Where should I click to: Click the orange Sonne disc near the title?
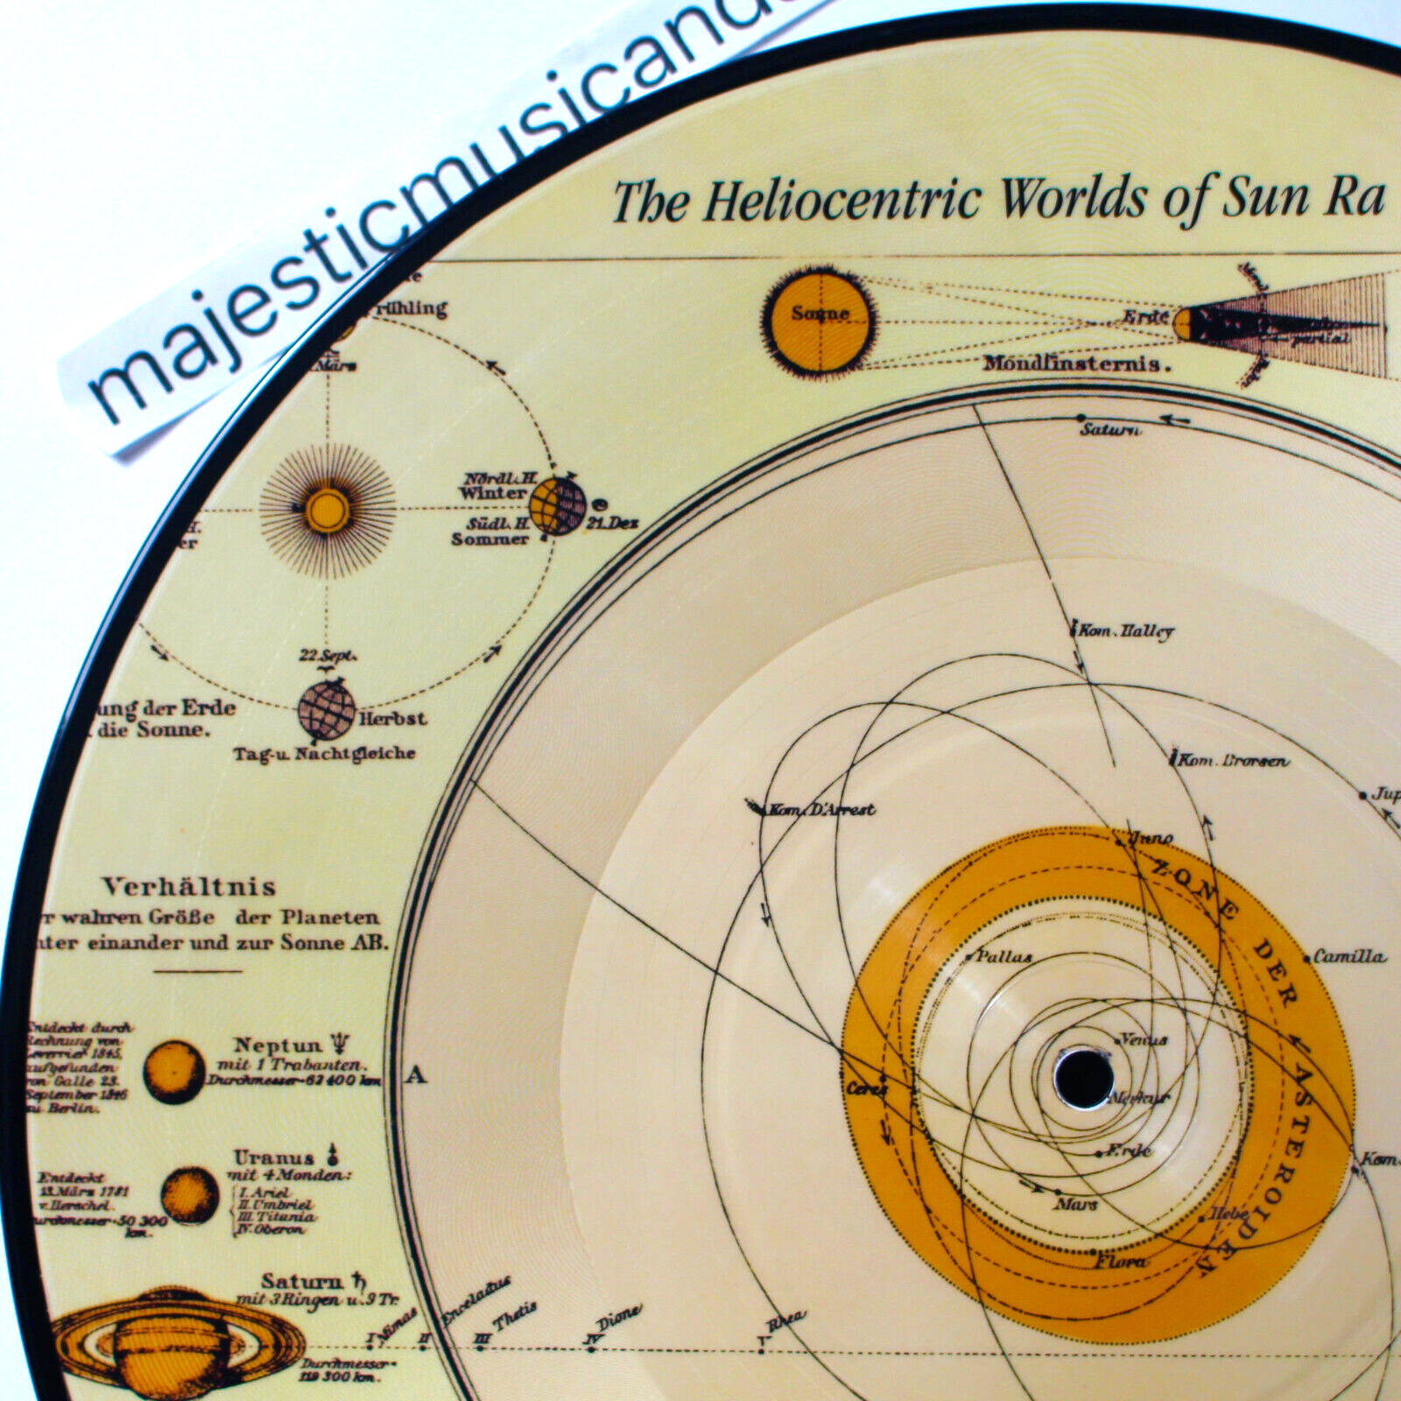point(820,313)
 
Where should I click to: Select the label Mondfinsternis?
point(1076,363)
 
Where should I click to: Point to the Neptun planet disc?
point(174,1071)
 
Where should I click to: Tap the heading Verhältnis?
point(189,887)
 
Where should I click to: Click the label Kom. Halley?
point(1126,630)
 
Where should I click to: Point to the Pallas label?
point(1003,956)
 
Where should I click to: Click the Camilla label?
point(1349,956)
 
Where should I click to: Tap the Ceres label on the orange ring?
point(866,1089)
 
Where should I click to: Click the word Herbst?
point(393,719)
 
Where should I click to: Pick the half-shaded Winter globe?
point(557,507)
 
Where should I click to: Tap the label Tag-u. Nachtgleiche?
point(325,753)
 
